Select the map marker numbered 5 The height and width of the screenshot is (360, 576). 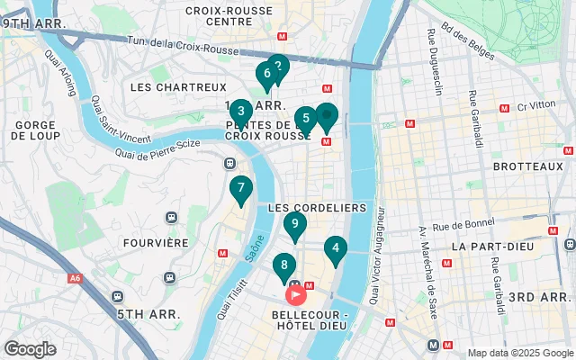coord(306,118)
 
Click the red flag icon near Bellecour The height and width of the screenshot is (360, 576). coord(296,293)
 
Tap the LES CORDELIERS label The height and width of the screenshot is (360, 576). coord(317,207)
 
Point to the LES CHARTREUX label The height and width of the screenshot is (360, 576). coord(178,87)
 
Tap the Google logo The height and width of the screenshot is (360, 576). coord(30,349)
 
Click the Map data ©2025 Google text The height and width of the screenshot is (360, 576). coord(518,353)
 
